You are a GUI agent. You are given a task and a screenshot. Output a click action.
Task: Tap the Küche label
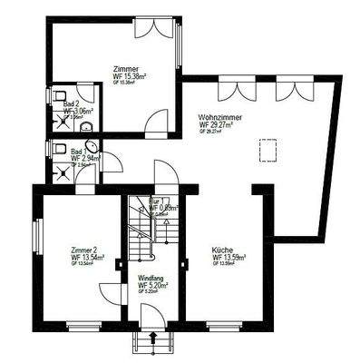coord(222,249)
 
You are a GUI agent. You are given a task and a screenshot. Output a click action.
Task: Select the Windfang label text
coord(151,277)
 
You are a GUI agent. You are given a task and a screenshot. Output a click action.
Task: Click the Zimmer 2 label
coord(84,249)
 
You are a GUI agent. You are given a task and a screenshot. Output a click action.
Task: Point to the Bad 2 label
coord(71,103)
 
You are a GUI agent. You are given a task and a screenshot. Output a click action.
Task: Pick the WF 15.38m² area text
coord(126,77)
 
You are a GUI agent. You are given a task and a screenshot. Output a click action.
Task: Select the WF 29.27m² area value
coord(219,125)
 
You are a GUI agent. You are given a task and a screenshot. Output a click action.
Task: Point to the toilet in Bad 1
coord(59,147)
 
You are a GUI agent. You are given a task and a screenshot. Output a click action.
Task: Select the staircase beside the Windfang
coord(141,227)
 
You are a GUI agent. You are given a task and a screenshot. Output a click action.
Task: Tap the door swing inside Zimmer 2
coord(110,291)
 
